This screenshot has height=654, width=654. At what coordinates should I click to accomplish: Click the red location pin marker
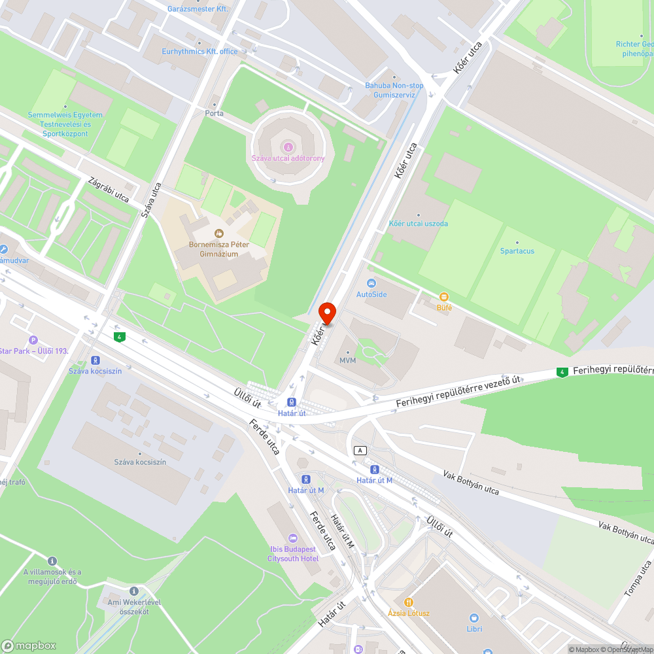coord(326,313)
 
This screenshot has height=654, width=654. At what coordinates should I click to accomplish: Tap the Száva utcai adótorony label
coord(288,158)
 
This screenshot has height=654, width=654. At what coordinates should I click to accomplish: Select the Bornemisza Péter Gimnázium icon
coord(218,233)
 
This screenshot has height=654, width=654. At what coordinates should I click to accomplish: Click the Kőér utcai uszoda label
coord(419,224)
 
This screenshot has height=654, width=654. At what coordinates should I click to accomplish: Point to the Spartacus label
coord(517,250)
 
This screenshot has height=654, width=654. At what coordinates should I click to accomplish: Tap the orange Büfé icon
coord(444,297)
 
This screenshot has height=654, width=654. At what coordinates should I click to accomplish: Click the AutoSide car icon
coord(371,283)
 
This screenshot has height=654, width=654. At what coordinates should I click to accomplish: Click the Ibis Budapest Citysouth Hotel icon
coord(293,538)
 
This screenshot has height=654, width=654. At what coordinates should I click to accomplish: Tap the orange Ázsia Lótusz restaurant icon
coord(409,602)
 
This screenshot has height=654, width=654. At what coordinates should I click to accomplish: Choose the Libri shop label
coord(475,628)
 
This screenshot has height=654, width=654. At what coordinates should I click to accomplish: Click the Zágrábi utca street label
coord(109,188)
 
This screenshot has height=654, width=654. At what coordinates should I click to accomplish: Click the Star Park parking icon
coord(33,340)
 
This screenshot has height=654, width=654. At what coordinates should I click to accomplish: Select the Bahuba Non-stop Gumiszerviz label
coord(394,90)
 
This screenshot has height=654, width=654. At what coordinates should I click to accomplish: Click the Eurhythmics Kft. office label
coord(199,52)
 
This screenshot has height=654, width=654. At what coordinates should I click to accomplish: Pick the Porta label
coord(214,113)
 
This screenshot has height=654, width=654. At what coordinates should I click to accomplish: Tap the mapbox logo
coord(29,645)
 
